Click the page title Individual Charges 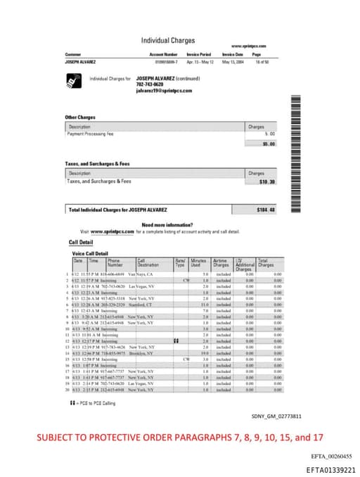(x=168, y=40)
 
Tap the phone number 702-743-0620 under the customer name (x=150, y=84)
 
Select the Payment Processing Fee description (x=90, y=134)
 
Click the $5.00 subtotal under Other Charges (x=268, y=144)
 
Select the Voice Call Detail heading (x=90, y=253)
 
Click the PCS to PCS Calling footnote (x=95, y=403)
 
